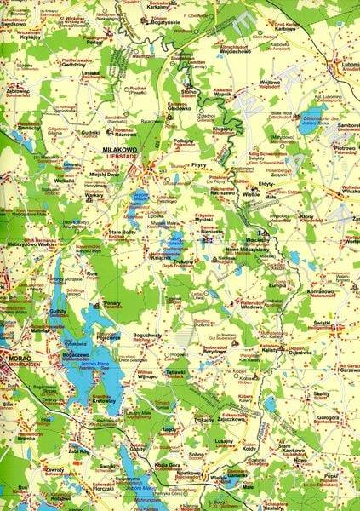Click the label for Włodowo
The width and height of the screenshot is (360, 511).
(x=251, y=307)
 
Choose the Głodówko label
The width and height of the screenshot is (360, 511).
(x=179, y=109)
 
